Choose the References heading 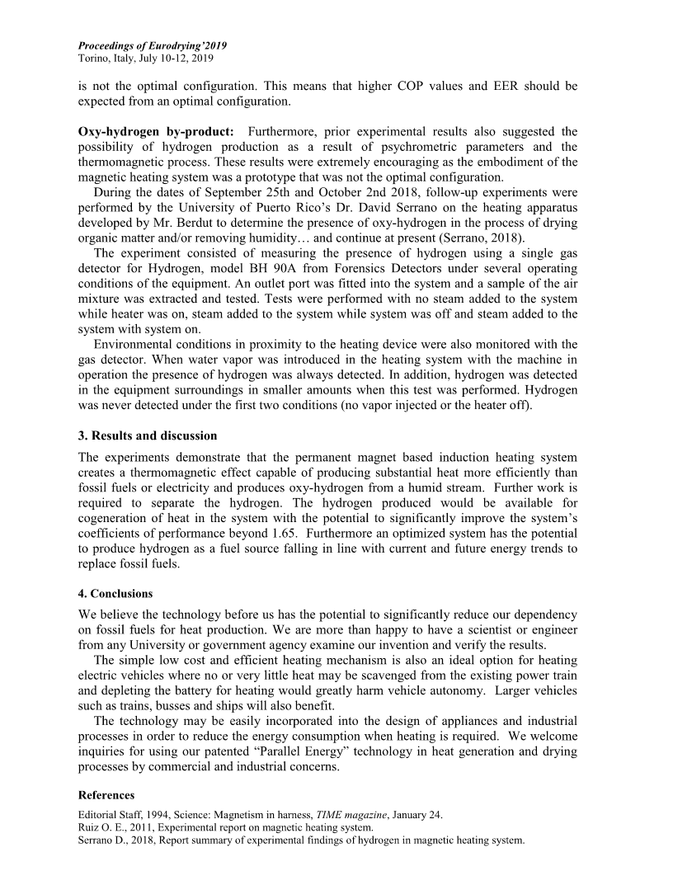click(x=106, y=795)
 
